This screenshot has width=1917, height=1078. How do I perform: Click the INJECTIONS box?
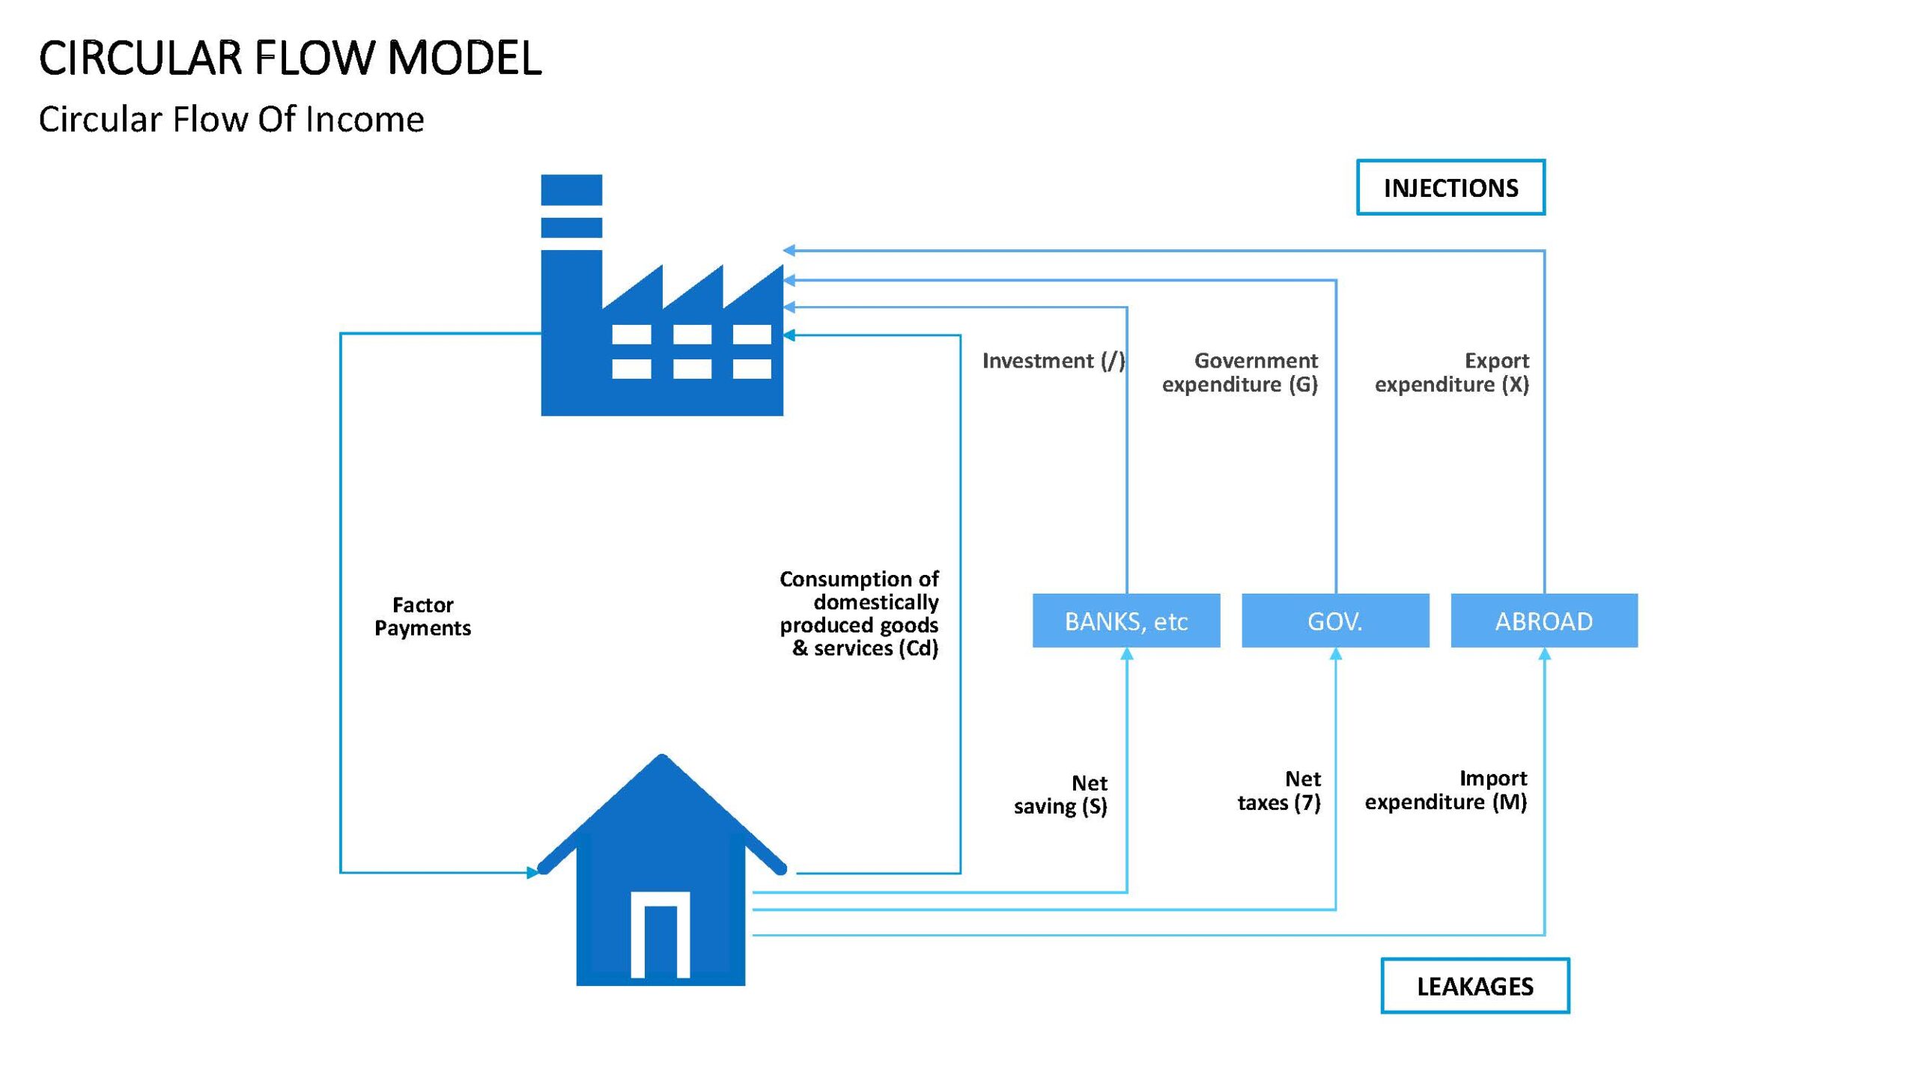(x=1450, y=187)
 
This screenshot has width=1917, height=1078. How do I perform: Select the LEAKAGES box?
(x=1475, y=986)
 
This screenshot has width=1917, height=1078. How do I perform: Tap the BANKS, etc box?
(x=1126, y=621)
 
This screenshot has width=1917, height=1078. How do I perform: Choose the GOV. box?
(x=1335, y=621)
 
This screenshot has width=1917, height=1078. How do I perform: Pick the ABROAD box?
(x=1544, y=621)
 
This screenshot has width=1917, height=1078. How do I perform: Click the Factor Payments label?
(x=423, y=616)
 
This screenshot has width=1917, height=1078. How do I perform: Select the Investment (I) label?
(x=1054, y=361)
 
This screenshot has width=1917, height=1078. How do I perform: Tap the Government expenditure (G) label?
(x=1240, y=372)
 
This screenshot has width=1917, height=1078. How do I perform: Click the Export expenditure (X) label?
(x=1452, y=372)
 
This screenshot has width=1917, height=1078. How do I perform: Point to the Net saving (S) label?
(x=1060, y=794)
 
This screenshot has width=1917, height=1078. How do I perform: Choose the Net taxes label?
(x=1279, y=791)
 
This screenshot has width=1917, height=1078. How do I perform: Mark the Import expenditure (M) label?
(x=1446, y=790)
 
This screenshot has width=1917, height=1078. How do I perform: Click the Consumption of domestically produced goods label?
(x=859, y=613)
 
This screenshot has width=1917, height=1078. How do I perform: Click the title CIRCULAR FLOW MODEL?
(x=291, y=58)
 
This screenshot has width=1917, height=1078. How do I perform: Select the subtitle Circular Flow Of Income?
(x=231, y=119)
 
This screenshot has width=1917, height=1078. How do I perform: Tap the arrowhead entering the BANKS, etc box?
(x=1127, y=654)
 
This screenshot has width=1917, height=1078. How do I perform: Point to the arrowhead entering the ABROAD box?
(x=1544, y=654)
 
